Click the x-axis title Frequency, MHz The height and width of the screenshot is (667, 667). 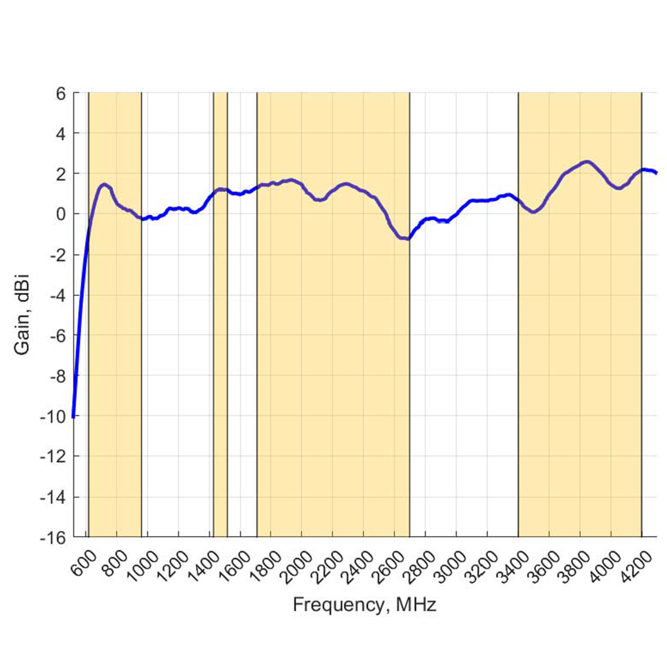tap(364, 605)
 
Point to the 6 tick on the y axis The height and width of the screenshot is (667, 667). tap(61, 93)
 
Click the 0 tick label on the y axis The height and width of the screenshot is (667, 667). tap(61, 214)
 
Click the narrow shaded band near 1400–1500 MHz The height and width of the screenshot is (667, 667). tap(220, 364)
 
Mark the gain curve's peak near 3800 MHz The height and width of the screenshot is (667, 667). tap(586, 162)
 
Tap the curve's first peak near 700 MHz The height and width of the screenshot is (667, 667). tap(104, 184)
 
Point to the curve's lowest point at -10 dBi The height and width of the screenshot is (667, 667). tap(73, 416)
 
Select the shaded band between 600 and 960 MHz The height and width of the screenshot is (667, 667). tap(115, 364)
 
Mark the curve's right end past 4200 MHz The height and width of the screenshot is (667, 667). tap(656, 173)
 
